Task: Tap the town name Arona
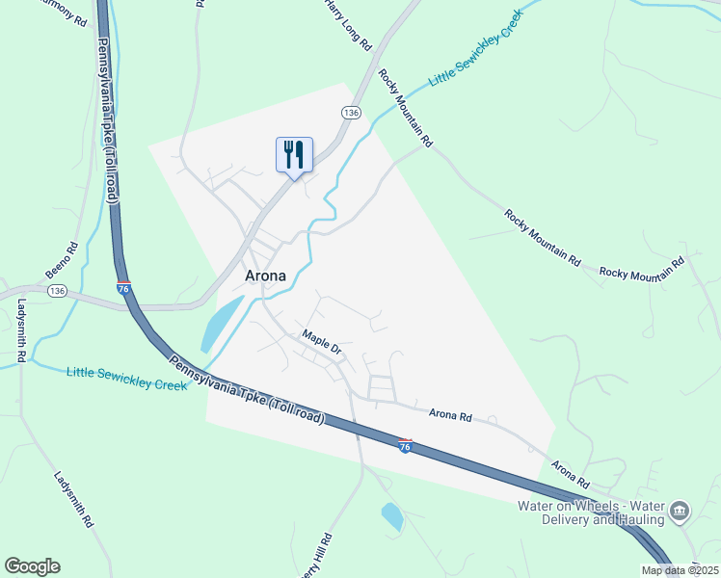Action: point(265,276)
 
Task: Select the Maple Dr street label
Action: point(322,341)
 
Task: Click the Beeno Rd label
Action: point(59,259)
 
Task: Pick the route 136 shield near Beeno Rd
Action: point(57,290)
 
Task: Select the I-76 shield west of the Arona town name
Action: point(123,287)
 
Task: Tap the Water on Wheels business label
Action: point(592,512)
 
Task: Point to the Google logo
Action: point(32,566)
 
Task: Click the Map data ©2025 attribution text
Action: point(680,570)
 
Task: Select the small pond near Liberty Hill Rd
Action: point(392,516)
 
